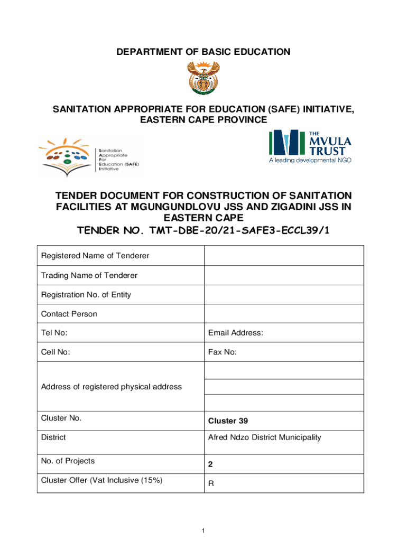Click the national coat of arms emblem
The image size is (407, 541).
[x=203, y=77]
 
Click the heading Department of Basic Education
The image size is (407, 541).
[x=203, y=52]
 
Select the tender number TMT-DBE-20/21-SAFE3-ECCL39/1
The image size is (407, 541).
[x=203, y=231]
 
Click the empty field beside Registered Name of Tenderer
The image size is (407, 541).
[x=283, y=256]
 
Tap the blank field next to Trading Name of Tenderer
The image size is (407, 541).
[x=283, y=275]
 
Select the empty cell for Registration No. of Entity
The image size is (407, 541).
[x=283, y=294]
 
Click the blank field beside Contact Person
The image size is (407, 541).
[x=283, y=314]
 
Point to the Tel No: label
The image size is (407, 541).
[x=54, y=333]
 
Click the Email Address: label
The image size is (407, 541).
[x=236, y=333]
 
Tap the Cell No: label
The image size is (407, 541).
[x=55, y=352]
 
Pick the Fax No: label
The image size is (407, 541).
[x=223, y=352]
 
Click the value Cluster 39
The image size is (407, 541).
[x=228, y=421]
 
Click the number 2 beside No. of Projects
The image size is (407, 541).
[x=210, y=465]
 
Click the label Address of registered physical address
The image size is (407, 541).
[x=112, y=387]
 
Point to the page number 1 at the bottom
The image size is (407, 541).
[x=203, y=530]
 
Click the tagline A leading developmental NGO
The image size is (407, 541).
[x=310, y=160]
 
